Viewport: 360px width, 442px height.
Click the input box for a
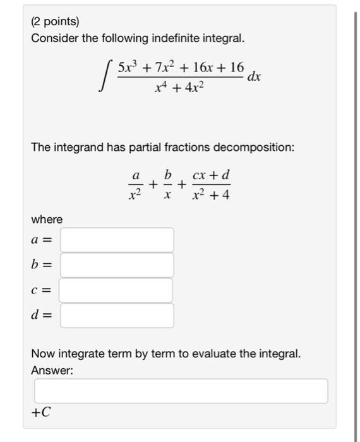click(x=117, y=240)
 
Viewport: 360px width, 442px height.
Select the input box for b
click(x=117, y=265)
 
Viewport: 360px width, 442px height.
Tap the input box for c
click(x=117, y=290)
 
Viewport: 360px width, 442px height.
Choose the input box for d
click(x=117, y=316)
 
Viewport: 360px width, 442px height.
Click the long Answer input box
click(x=181, y=391)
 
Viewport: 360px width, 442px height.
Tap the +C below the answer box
click(x=41, y=412)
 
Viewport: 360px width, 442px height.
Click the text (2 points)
click(x=56, y=21)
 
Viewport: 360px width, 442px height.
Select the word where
click(x=47, y=219)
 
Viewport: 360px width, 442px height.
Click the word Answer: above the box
click(x=52, y=371)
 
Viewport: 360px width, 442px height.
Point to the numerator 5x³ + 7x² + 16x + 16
click(x=180, y=66)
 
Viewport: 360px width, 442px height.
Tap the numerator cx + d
click(x=211, y=173)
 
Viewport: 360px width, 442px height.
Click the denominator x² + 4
click(x=211, y=195)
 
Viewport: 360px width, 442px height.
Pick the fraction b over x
click(x=167, y=184)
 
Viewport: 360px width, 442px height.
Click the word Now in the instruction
click(x=42, y=354)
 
